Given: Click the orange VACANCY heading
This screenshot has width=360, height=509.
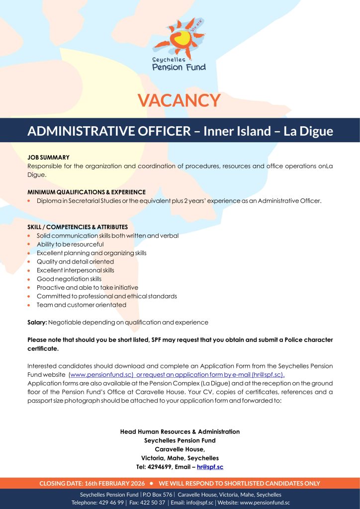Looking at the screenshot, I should coord(180,100).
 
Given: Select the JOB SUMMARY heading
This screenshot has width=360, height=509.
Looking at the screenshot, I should coord(48,157).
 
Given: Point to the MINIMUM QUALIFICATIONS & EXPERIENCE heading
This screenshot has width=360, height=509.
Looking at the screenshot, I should coord(87,192).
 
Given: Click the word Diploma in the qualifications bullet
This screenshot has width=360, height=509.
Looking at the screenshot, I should coord(49,201).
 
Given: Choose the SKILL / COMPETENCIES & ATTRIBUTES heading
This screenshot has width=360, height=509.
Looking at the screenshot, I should coord(78,227).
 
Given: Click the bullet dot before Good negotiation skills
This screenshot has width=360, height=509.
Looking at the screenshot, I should coord(30,279).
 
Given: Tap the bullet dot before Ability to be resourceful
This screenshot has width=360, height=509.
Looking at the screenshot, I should coord(30,245).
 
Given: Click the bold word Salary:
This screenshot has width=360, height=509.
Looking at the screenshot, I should coord(37,323).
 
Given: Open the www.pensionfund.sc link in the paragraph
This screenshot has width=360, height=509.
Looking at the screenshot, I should coord(101,374).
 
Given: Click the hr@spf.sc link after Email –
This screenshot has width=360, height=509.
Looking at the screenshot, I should coord(210,467).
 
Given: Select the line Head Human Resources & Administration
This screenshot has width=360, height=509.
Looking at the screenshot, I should coord(180,431).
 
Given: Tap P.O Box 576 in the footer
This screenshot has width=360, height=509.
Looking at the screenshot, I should coord(158,495).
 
